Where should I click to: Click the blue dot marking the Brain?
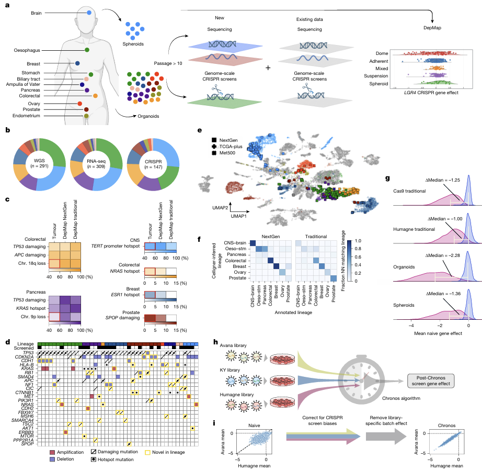(89, 13)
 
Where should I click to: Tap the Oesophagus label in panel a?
(27, 50)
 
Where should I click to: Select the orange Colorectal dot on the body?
(95, 96)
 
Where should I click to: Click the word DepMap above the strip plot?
(432, 28)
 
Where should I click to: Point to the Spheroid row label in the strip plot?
(378, 84)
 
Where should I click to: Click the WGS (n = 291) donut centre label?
(39, 163)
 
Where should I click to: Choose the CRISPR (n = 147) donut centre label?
(153, 164)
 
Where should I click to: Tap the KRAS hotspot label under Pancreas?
(31, 308)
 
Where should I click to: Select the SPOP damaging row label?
(123, 318)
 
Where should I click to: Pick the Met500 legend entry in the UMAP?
(224, 153)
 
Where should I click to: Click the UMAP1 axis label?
(238, 216)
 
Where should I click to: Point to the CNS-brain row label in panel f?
(235, 243)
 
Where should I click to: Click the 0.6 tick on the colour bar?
(358, 257)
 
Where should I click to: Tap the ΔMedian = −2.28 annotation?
(443, 255)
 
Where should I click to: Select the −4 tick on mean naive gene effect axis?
(411, 326)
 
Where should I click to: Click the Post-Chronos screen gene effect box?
(431, 381)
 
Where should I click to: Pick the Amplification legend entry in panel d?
(67, 452)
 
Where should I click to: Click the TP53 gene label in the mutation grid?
(28, 353)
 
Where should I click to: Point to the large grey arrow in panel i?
(386, 436)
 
